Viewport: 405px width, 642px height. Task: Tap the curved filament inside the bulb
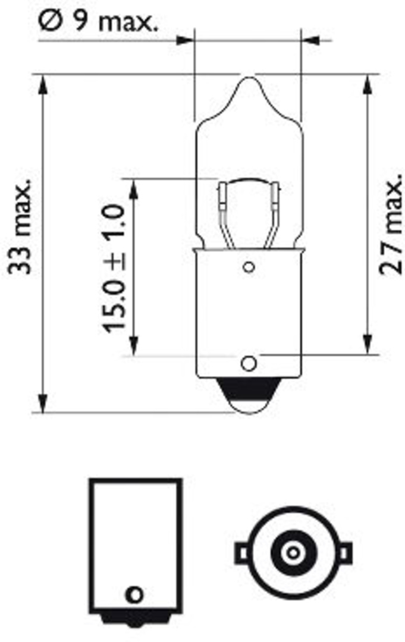point(249,181)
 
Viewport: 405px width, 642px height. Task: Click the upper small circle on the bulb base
point(249,267)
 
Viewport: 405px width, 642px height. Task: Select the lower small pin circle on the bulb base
point(249,362)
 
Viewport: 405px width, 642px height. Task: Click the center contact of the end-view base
point(291,552)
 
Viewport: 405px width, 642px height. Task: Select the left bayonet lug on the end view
point(241,553)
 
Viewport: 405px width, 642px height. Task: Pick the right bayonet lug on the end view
point(344,553)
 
